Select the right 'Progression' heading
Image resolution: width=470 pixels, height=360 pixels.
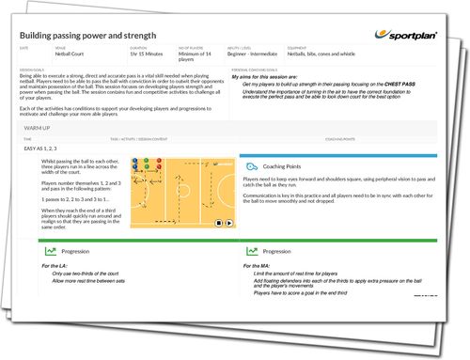[x=280, y=251]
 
